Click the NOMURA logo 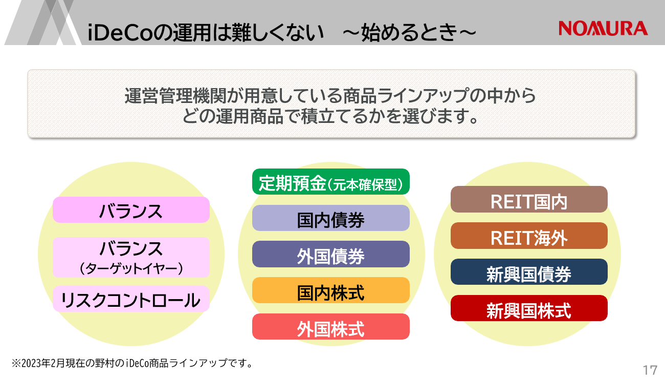pos(603,28)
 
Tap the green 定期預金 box pos(331,182)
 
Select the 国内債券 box pos(331,218)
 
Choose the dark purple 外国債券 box pos(331,254)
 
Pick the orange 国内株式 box pos(331,290)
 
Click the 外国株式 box pos(331,327)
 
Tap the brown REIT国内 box pos(529,199)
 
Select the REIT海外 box pos(529,236)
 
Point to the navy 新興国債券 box pos(529,272)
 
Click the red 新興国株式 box pos(529,308)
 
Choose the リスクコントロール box pos(131,299)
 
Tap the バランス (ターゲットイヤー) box pos(131,258)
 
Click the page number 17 pos(650,370)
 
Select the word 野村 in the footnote pos(104,363)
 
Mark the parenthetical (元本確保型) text pos(365,184)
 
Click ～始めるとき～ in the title pos(410,32)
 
